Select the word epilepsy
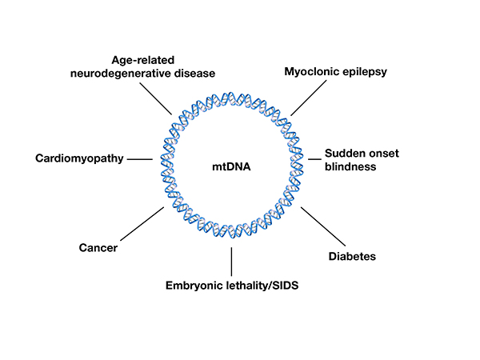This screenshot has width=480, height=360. click(x=364, y=72)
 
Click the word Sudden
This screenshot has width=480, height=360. click(x=346, y=154)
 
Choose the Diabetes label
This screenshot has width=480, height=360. click(x=352, y=256)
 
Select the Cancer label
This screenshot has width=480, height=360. click(x=98, y=248)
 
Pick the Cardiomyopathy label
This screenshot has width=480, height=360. click(x=79, y=158)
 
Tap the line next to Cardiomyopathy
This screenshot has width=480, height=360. click(x=140, y=159)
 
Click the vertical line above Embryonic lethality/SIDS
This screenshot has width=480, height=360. click(x=231, y=261)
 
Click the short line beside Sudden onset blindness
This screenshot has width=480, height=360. click(x=314, y=159)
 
